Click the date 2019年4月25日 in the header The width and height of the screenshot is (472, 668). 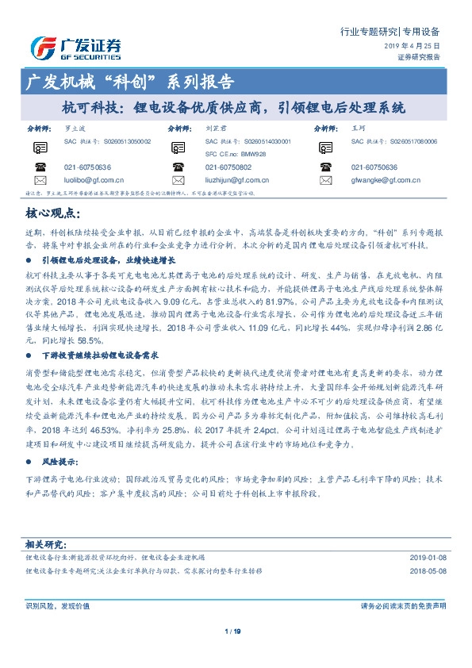tap(412, 47)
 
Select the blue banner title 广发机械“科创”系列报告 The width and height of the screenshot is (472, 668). tap(130, 82)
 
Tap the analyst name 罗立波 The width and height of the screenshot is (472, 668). tap(73, 127)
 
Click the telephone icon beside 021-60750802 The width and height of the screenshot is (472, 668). tap(182, 167)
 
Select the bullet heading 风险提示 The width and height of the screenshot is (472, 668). tap(69, 460)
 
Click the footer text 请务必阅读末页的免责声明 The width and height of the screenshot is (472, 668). tap(402, 606)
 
